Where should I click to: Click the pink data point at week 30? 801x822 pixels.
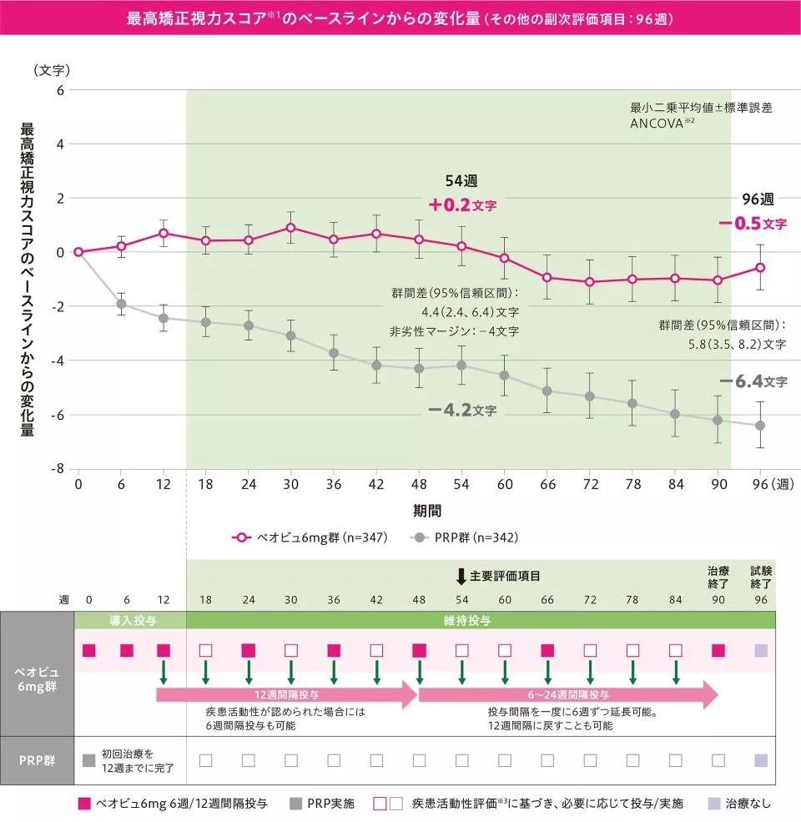[x=290, y=227]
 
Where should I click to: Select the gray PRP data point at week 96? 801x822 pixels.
[x=760, y=426]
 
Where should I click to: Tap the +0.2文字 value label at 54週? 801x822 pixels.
[x=462, y=204]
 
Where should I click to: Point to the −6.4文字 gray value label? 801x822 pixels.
[x=753, y=381]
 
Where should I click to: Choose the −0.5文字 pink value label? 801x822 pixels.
[x=753, y=224]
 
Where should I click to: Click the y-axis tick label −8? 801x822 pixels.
[x=58, y=469]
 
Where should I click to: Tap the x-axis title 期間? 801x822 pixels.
[x=426, y=509]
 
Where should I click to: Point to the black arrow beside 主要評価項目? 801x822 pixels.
[x=461, y=576]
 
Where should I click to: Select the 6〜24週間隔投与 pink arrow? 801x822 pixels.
[x=568, y=693]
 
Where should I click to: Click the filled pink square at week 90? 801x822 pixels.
[x=718, y=650]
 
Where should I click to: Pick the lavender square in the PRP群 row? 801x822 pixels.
[x=760, y=760]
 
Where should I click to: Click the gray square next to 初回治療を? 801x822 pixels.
[x=89, y=760]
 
